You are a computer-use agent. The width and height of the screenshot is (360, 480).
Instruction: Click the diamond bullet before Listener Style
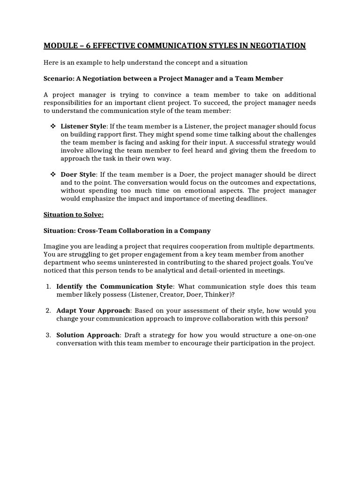point(52,127)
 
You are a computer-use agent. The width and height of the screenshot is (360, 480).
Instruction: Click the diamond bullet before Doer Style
point(52,175)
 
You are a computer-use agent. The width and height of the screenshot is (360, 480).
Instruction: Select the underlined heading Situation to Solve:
point(73,215)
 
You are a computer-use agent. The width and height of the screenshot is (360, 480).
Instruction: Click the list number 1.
point(48,286)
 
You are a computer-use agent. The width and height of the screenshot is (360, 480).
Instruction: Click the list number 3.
point(48,335)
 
